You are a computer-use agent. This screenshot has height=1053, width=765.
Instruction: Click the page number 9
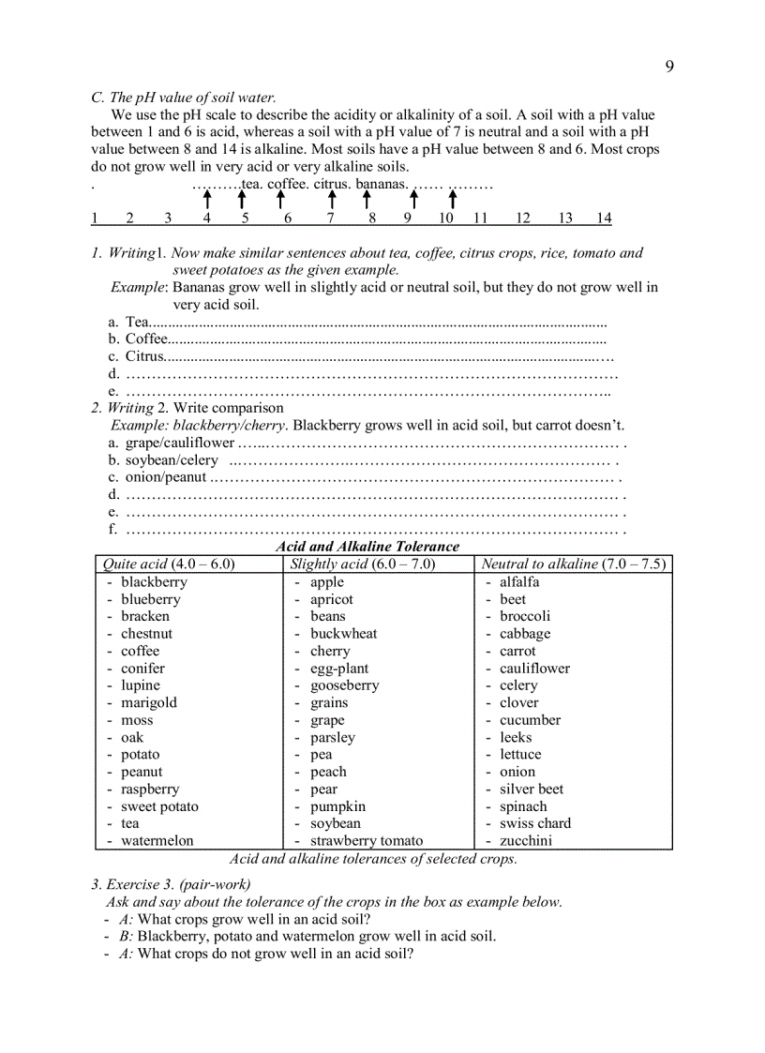coord(669,66)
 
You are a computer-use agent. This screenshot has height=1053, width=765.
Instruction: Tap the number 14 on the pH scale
coord(604,218)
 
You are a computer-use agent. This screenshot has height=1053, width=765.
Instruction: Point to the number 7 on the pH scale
coord(330,218)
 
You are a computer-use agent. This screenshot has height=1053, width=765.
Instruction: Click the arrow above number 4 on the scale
coord(207,200)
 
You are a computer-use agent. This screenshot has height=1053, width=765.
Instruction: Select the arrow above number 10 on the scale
coord(452,200)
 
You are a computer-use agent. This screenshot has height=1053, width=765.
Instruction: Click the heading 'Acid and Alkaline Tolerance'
coord(367,546)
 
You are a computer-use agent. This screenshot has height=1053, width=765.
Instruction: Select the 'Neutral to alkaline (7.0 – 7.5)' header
coord(573,564)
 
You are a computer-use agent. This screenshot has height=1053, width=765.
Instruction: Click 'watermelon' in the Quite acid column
coord(157,840)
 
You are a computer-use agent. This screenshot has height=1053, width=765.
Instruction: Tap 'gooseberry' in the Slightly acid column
coord(344,685)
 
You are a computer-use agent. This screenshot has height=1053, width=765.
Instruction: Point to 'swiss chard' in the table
coord(534,823)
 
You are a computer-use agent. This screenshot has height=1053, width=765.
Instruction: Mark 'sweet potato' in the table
coord(159,806)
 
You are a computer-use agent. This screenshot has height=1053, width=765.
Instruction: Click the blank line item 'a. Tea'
coord(137,322)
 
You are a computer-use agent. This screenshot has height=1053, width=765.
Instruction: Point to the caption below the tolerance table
coord(373,858)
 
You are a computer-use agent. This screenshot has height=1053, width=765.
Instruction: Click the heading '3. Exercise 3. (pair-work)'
coord(171,884)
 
